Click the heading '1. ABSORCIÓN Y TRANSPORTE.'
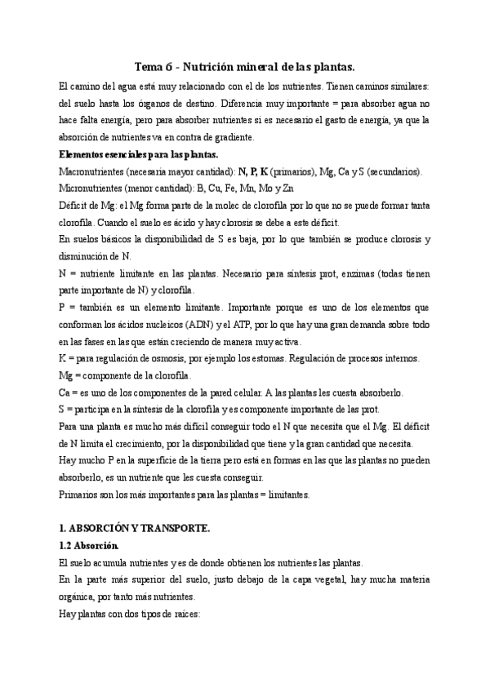[135, 529]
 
